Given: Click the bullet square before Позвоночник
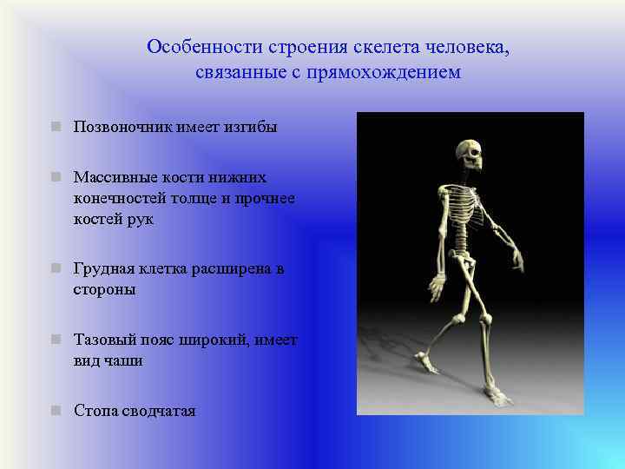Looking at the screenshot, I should click(x=56, y=128).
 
